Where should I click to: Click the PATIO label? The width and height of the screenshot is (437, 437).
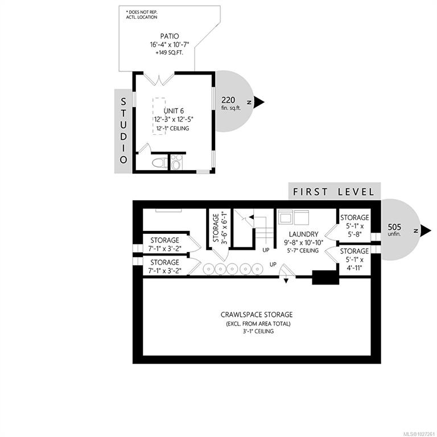(x=170, y=36)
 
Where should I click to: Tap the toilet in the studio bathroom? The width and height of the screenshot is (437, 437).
(x=160, y=163)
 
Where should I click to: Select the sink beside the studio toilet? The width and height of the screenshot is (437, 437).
(x=176, y=162)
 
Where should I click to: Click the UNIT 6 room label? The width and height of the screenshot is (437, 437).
(x=174, y=111)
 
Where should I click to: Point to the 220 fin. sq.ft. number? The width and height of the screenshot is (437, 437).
(x=228, y=100)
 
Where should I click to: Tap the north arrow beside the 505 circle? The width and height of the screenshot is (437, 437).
(x=426, y=230)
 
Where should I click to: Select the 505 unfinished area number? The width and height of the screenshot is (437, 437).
(x=394, y=227)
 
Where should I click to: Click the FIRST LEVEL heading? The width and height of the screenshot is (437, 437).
(x=333, y=192)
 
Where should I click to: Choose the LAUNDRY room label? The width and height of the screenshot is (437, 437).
(x=303, y=234)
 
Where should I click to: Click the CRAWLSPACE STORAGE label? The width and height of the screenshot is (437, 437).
(x=257, y=315)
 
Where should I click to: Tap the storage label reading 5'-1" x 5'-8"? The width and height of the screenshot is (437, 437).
(x=354, y=226)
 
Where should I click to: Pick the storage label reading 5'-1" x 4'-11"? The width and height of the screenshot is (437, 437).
(x=354, y=259)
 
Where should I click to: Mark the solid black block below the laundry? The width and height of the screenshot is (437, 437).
(x=325, y=277)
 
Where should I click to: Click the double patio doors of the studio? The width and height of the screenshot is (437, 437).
(x=159, y=79)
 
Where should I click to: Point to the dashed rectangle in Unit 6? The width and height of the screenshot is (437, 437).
(x=159, y=116)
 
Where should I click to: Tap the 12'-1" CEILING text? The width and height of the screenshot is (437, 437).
(x=172, y=129)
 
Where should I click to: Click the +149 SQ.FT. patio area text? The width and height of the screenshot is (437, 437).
(x=170, y=53)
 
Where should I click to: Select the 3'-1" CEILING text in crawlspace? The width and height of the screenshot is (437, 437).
(x=258, y=331)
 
